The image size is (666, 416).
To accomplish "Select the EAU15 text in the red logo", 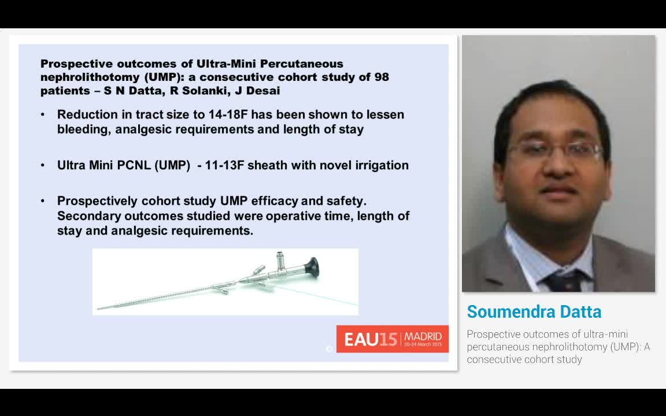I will [371, 339].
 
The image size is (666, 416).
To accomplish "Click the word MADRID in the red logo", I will [423, 336].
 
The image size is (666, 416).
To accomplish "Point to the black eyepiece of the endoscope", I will [312, 266].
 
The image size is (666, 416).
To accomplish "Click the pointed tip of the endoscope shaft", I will [98, 309].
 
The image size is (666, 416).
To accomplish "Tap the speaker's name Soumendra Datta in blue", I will [534, 312].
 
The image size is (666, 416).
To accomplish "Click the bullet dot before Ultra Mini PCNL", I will [43, 165].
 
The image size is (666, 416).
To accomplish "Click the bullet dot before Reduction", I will [43, 114].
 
